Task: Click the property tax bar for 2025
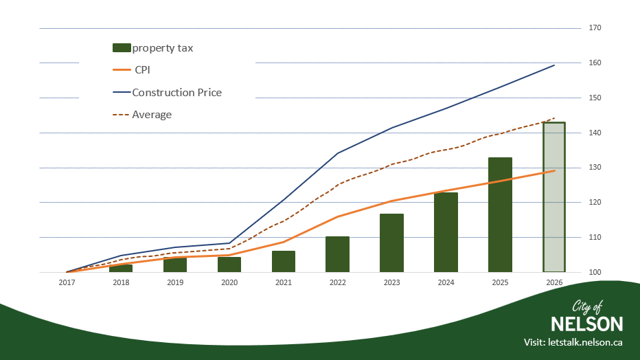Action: click(x=500, y=215)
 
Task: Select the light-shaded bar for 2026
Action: click(x=554, y=197)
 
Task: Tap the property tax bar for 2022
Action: click(x=337, y=254)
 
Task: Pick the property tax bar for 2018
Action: click(x=121, y=268)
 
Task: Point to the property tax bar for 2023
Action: click(x=391, y=243)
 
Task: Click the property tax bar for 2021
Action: click(x=283, y=262)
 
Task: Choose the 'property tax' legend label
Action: click(x=163, y=48)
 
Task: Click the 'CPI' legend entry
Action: click(x=142, y=70)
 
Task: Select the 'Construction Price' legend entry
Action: click(x=176, y=92)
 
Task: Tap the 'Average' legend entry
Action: click(x=152, y=115)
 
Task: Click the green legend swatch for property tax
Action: click(x=121, y=48)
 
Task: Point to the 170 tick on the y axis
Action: click(x=595, y=28)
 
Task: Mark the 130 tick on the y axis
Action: click(x=595, y=168)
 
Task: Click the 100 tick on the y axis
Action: click(x=595, y=273)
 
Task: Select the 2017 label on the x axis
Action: click(x=67, y=282)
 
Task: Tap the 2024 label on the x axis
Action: click(x=446, y=282)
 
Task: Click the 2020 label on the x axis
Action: click(x=229, y=282)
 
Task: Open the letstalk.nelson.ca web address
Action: click(x=585, y=342)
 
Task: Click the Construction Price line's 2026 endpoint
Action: click(x=554, y=65)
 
